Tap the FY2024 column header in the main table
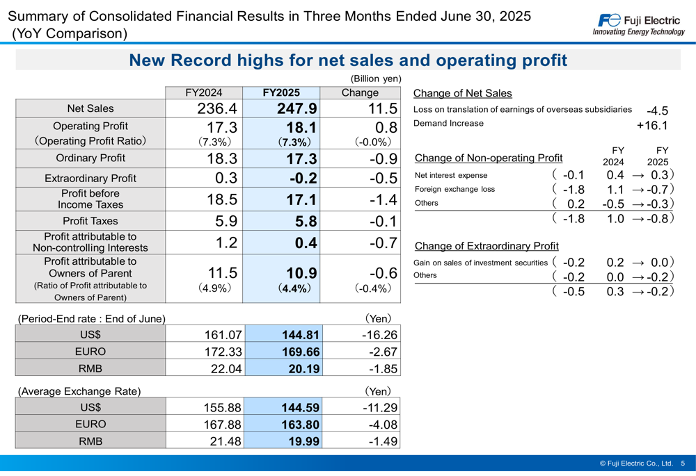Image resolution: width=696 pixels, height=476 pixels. (x=204, y=92)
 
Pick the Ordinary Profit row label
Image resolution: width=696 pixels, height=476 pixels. (x=90, y=158)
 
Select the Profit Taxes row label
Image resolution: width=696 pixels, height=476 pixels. (x=90, y=222)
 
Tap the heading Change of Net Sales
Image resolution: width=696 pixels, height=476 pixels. (x=462, y=93)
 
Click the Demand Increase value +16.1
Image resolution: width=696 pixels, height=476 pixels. (x=652, y=126)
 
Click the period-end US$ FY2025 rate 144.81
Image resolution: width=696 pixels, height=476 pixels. (x=300, y=334)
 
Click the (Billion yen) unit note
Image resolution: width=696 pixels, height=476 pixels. (x=376, y=79)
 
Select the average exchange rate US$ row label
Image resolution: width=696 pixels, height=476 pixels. (x=90, y=407)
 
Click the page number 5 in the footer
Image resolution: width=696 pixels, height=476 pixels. (x=683, y=463)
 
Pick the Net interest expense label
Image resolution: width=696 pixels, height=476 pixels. (x=451, y=175)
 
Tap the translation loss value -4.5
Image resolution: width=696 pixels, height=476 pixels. (x=657, y=110)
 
